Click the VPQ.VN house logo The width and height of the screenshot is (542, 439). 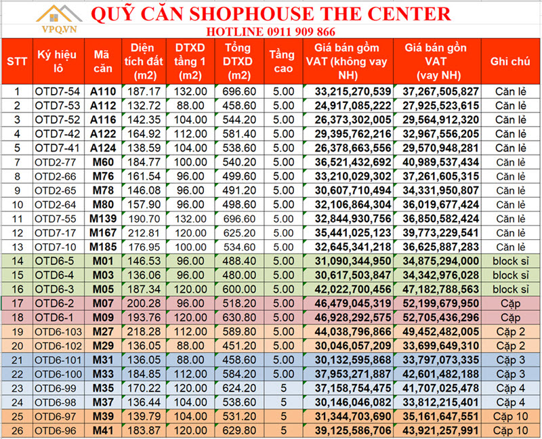coord(59,20)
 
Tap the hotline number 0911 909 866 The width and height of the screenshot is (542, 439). coord(301,32)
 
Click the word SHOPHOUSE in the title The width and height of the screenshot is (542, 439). coord(251,14)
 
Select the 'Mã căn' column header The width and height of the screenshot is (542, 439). coord(103,62)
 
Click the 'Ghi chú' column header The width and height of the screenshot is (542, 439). coord(510,62)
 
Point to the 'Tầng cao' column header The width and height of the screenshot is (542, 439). coord(283,62)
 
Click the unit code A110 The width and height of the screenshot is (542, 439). coord(103,91)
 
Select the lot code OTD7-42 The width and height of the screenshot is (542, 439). coord(58,133)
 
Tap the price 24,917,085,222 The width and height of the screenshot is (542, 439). coord(352,106)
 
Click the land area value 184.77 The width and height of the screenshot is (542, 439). coord(144,162)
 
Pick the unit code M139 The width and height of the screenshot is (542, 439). coord(103,219)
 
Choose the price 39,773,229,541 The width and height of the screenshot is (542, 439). coord(440,232)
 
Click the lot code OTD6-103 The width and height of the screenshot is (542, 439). coord(58,332)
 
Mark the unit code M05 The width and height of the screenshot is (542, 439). coord(103,289)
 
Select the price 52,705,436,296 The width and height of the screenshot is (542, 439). coord(440,318)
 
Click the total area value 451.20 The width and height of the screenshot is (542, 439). coord(239,346)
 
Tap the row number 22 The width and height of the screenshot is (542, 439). coord(18,375)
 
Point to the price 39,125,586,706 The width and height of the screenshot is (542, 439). coord(352,431)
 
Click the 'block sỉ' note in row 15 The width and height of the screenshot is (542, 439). coord(511,275)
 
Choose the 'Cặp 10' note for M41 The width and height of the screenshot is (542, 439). coord(511,431)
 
